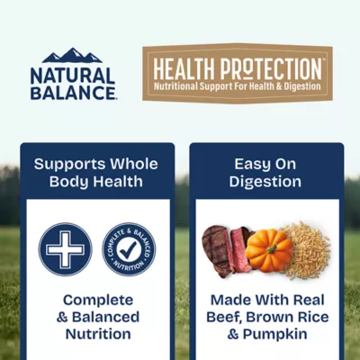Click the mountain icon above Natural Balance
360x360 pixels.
point(72,56)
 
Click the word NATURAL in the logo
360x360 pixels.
point(72,75)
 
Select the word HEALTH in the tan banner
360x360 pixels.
point(184,67)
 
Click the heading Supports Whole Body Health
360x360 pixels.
point(95,173)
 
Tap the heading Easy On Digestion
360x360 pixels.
point(266,173)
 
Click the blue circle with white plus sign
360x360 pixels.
point(65,249)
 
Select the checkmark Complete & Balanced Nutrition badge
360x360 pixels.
point(128,249)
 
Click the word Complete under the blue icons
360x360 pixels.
point(97,300)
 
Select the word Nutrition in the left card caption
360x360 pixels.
point(97,334)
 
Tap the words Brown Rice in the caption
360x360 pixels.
point(287,317)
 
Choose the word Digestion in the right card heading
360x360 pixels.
point(266,182)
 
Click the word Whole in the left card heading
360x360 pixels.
point(133,164)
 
